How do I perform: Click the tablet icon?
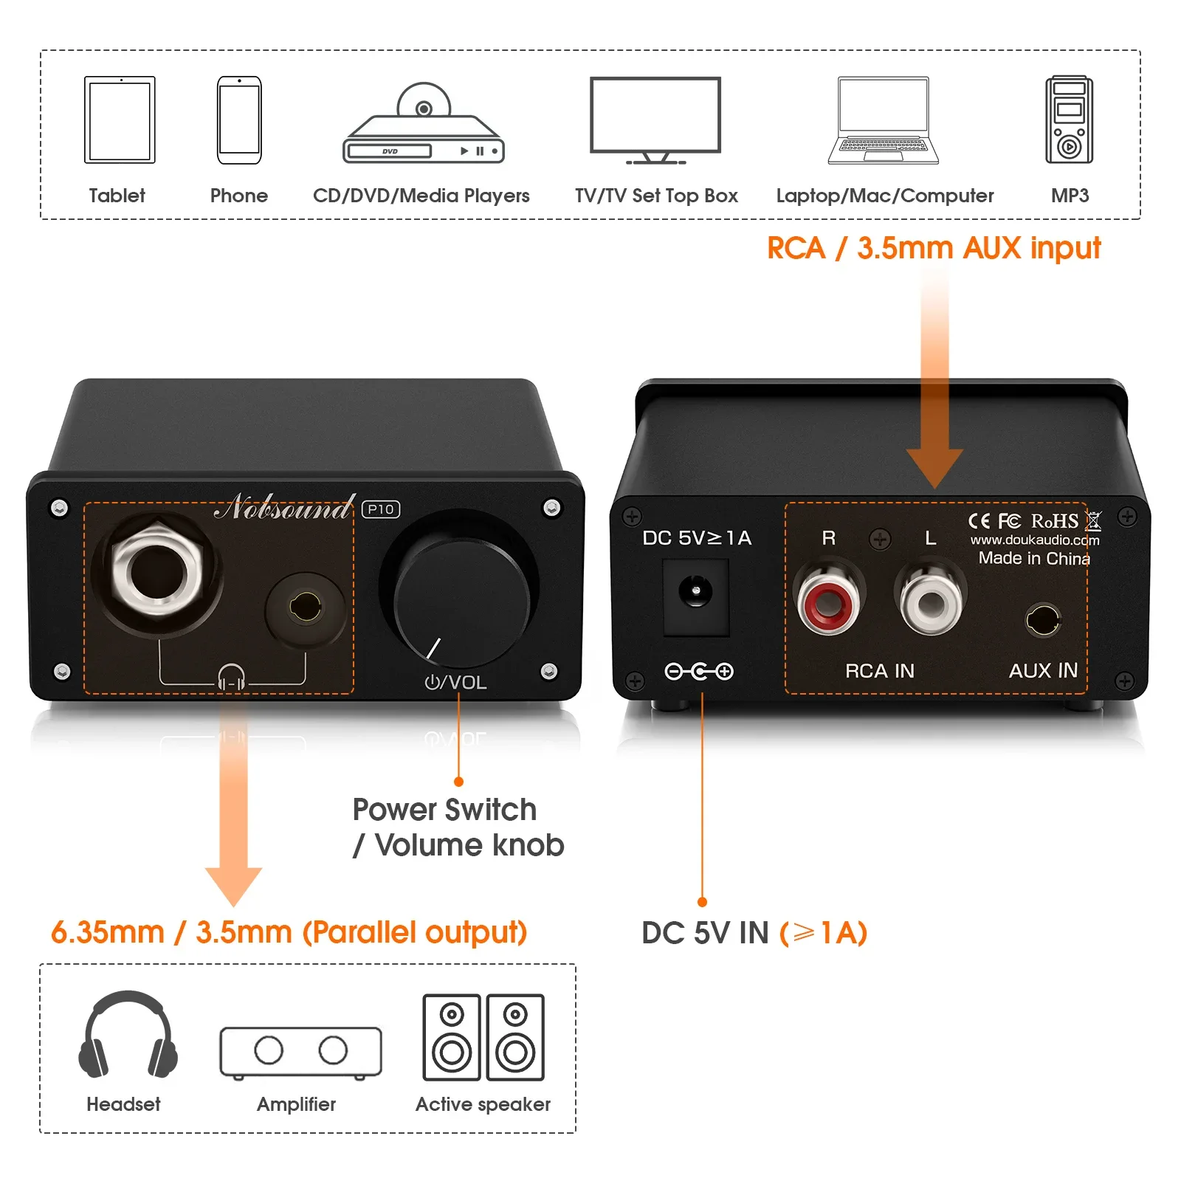tap(120, 120)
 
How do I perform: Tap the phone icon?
tap(239, 120)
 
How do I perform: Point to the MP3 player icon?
tap(1069, 120)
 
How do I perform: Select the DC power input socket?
tap(695, 595)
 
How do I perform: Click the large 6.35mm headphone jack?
tap(156, 573)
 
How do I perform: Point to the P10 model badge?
tap(381, 509)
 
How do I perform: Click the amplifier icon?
tap(300, 1051)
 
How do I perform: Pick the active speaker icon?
tap(483, 1037)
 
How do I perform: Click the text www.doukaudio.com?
tap(1034, 540)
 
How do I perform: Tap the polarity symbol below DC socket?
tap(698, 671)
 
